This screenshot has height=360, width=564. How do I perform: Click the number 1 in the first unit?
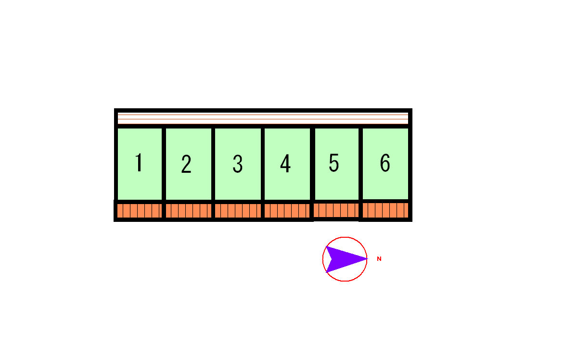139,163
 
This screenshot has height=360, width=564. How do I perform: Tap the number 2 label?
186,164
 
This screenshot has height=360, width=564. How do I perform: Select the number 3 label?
238,164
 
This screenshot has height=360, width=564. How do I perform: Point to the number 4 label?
285,164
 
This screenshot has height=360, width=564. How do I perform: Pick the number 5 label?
334,163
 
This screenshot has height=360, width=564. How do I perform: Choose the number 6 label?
385,163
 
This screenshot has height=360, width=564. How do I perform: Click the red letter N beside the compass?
379,258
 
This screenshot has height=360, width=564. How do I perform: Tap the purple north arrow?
346,259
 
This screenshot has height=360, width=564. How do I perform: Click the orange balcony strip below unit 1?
139,211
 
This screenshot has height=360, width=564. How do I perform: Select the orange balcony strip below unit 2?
189,211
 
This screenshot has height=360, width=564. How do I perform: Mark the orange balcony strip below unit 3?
238,211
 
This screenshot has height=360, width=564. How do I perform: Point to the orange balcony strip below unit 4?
287,211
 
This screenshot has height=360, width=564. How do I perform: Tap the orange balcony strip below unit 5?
336,210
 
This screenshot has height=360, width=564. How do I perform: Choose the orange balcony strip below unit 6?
385,210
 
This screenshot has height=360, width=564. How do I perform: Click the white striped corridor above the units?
263,118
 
